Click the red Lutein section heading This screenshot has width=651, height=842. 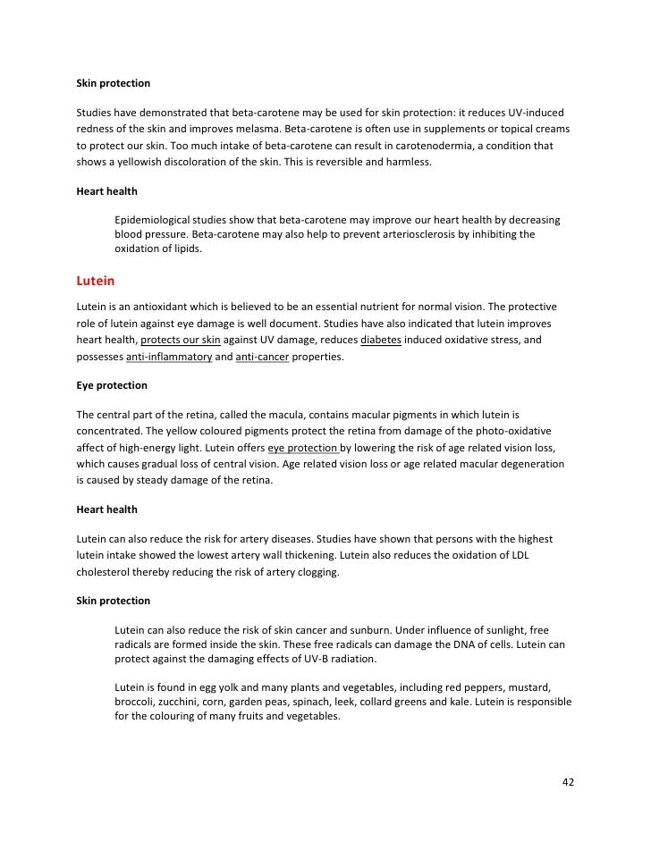tap(96, 281)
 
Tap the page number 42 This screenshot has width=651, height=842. tap(568, 781)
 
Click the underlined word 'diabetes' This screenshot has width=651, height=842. tap(381, 341)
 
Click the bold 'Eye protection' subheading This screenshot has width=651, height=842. tap(112, 386)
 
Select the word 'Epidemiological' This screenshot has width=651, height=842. tap(157, 219)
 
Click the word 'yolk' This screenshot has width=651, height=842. tap(212, 686)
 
